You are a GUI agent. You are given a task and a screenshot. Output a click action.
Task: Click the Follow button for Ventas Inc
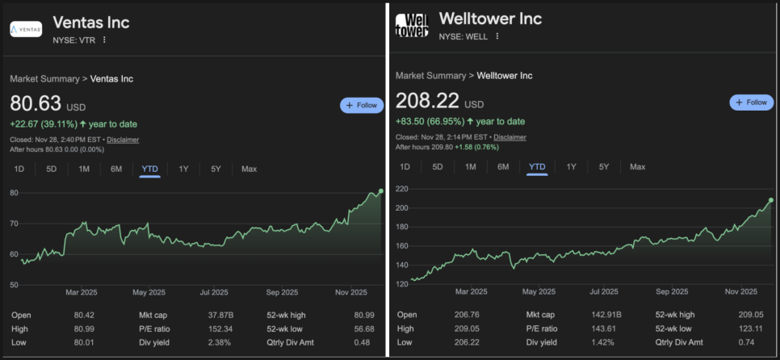pyautogui.click(x=361, y=105)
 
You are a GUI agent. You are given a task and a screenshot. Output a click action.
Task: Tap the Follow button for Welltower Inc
pyautogui.click(x=751, y=103)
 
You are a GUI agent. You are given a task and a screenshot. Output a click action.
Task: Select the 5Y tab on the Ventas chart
pyautogui.click(x=216, y=169)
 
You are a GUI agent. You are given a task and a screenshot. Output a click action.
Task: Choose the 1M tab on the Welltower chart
pyautogui.click(x=471, y=167)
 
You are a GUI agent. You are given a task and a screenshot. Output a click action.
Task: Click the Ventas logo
pyautogui.click(x=26, y=29)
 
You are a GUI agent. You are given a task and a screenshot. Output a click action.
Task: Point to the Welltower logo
pyautogui.click(x=412, y=25)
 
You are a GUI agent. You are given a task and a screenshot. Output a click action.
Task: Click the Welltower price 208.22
pyautogui.click(x=427, y=101)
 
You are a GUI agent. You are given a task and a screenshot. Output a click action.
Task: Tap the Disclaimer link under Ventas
pyautogui.click(x=122, y=140)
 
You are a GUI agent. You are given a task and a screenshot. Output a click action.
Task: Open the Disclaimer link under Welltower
pyautogui.click(x=510, y=137)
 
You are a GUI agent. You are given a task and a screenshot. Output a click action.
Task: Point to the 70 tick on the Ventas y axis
pyautogui.click(x=15, y=223)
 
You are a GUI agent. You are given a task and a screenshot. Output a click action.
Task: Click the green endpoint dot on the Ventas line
pyautogui.click(x=381, y=191)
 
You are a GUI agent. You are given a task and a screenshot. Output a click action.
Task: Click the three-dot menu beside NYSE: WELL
pyautogui.click(x=497, y=36)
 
